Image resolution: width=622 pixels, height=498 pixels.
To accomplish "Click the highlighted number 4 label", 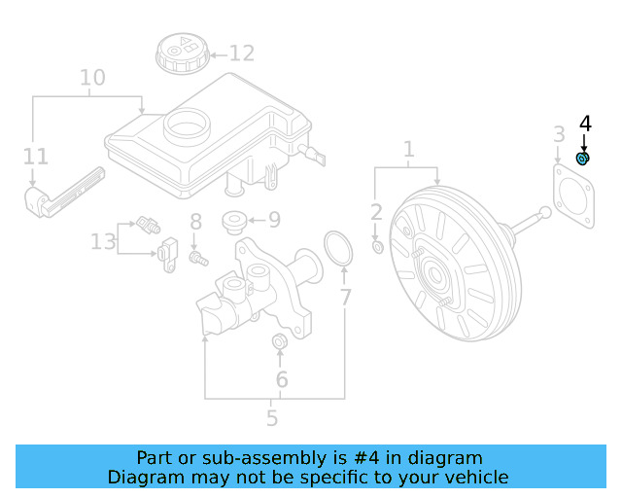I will (x=584, y=124).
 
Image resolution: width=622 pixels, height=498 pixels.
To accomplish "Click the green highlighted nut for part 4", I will (x=583, y=159).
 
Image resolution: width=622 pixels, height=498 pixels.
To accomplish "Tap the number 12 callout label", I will (x=241, y=53).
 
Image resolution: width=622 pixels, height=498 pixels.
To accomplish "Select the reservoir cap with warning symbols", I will (x=181, y=52).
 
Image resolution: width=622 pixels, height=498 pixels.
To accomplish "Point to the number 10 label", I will (x=91, y=77).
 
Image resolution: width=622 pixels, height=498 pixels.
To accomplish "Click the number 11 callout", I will (x=35, y=156).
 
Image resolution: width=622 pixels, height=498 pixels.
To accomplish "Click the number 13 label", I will (x=103, y=240).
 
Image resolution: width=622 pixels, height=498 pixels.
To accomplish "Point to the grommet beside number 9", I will (x=234, y=222).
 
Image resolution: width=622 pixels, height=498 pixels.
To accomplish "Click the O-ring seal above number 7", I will (x=336, y=248).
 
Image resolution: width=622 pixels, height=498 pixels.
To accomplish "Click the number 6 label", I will (x=282, y=379).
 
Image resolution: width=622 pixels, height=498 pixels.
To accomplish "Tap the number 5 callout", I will (x=272, y=418).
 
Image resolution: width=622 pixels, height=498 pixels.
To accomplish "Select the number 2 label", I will (x=376, y=212).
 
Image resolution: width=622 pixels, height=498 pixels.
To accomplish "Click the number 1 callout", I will (x=409, y=149).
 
